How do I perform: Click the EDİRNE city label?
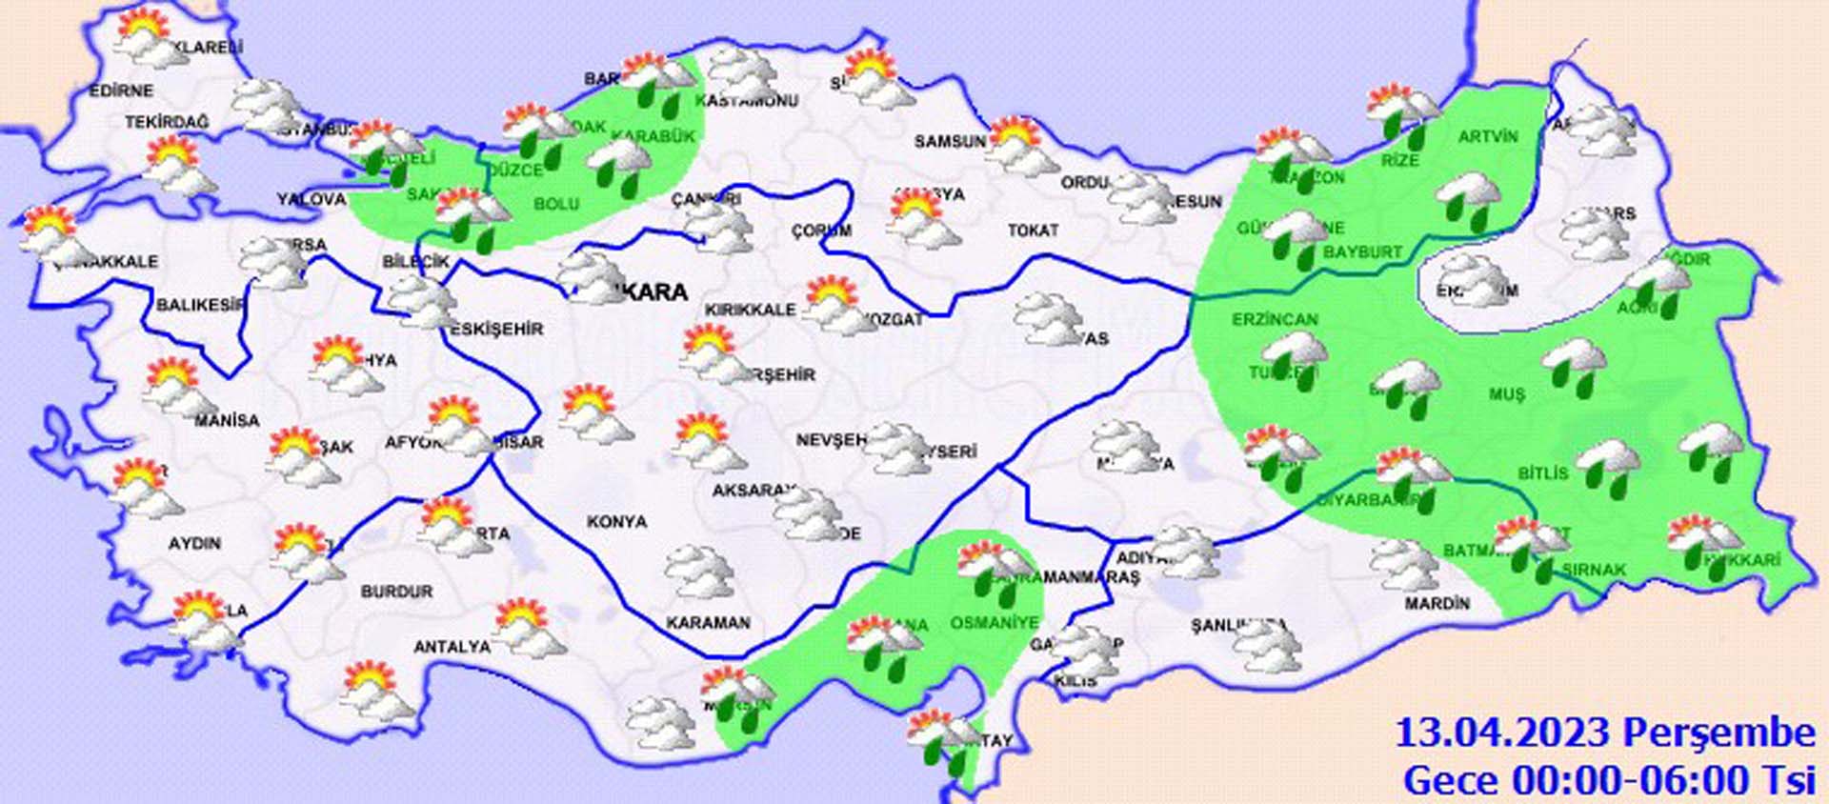pyautogui.click(x=121, y=91)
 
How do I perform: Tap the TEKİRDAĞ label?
pyautogui.click(x=167, y=123)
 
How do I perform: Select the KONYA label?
pyautogui.click(x=616, y=522)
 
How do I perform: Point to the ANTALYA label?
pyautogui.click(x=452, y=647)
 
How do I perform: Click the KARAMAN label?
pyautogui.click(x=708, y=623)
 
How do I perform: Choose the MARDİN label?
pyautogui.click(x=1437, y=604)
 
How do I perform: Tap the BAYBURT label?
pyautogui.click(x=1362, y=252)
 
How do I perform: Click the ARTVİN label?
pyautogui.click(x=1488, y=137)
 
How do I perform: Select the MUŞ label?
pyautogui.click(x=1507, y=394)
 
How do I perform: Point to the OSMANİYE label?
pyautogui.click(x=994, y=623)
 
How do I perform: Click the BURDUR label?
pyautogui.click(x=396, y=592)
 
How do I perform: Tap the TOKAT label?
pyautogui.click(x=1033, y=231)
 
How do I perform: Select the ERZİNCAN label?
pyautogui.click(x=1275, y=320)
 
